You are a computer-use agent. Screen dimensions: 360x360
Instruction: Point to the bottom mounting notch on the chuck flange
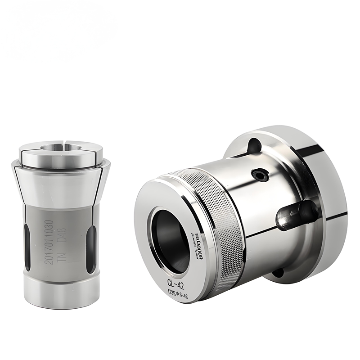coord(278,272)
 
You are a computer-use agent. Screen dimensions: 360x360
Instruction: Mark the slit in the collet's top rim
coord(67,145)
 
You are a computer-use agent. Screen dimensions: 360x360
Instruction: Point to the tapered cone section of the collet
coord(60,180)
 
